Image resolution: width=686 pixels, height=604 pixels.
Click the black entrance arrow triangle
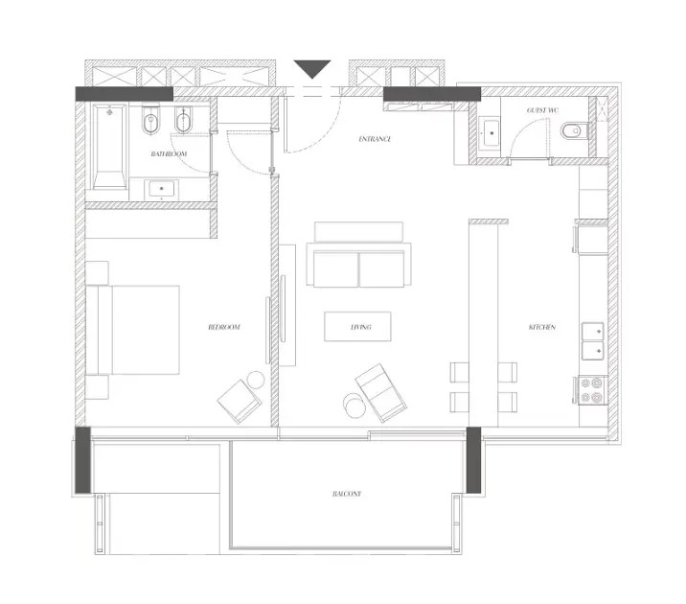(312, 68)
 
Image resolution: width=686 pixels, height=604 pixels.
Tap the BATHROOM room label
(169, 153)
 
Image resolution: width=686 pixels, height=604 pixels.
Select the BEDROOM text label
(224, 327)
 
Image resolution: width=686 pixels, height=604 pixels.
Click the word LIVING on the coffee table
(361, 327)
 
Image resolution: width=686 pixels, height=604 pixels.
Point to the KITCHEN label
(542, 327)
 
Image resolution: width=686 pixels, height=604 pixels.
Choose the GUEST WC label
(542, 110)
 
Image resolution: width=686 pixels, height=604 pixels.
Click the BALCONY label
(347, 494)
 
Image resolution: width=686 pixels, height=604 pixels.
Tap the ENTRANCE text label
(375, 139)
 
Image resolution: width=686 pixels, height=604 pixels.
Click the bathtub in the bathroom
(110, 147)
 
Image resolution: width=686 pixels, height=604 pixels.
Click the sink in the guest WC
(492, 131)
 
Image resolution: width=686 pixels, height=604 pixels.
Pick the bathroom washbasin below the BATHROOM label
(161, 189)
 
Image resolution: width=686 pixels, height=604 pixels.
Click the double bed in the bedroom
(133, 330)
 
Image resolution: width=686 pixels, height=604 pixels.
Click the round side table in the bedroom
(256, 380)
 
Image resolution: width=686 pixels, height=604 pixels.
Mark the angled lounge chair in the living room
(380, 393)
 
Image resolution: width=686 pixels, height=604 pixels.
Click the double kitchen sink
(593, 341)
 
